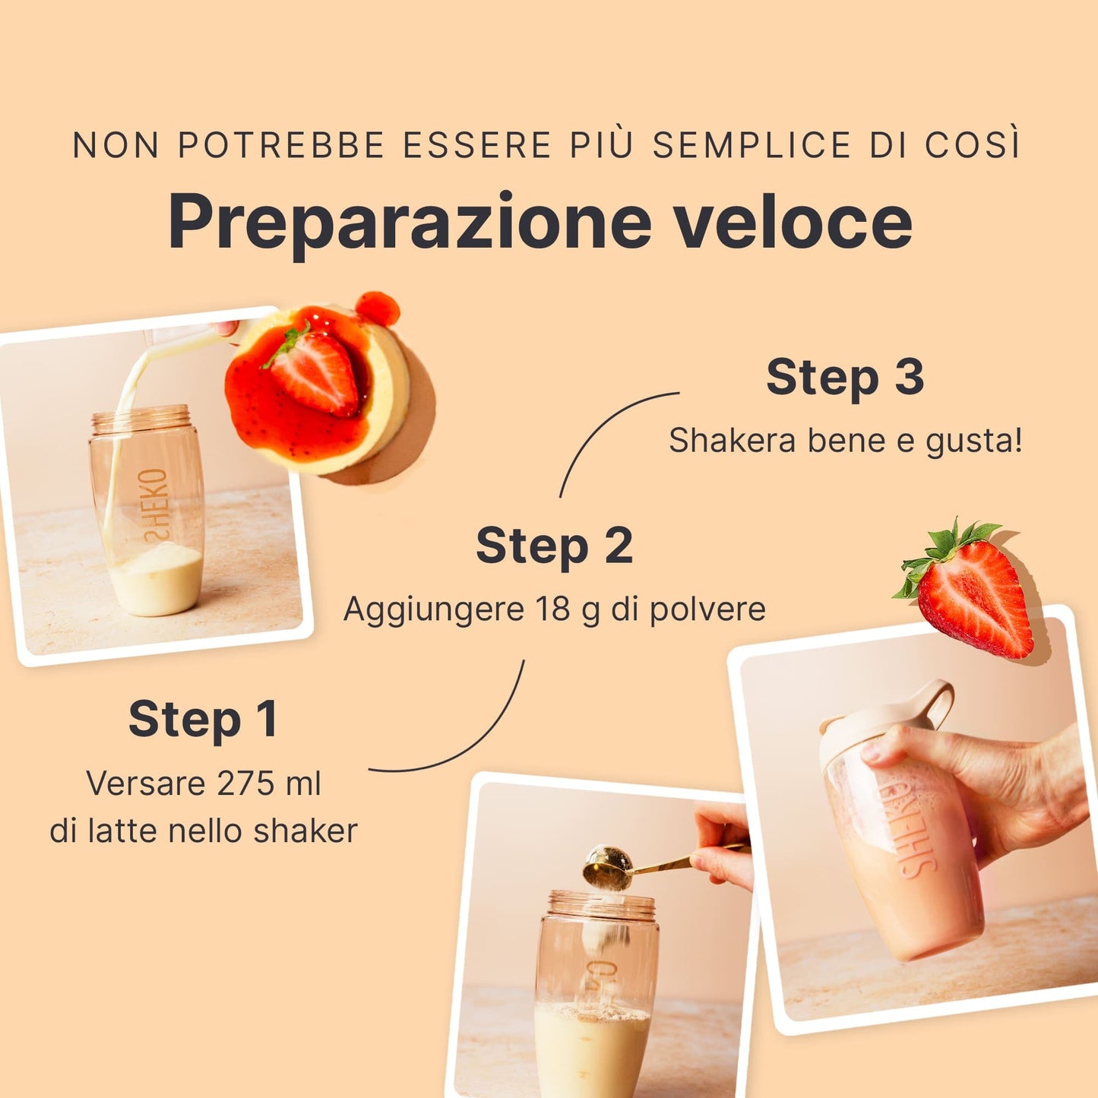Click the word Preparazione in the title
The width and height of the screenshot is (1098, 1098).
point(410,223)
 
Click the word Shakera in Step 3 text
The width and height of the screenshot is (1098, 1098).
point(733,441)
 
